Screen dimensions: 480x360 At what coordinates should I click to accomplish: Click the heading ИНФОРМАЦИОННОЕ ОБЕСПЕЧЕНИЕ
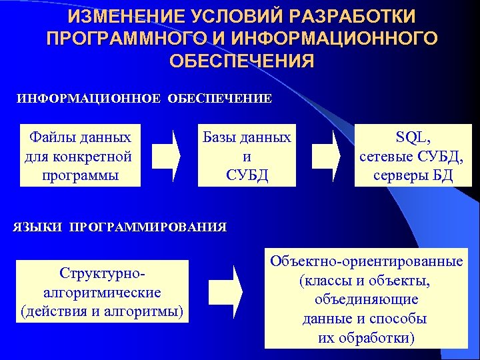point(144,99)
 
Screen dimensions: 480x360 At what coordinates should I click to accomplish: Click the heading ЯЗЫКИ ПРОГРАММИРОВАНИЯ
point(120,227)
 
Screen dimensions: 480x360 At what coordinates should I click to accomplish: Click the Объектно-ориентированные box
point(366,299)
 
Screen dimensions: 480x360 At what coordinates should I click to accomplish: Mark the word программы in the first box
point(79,175)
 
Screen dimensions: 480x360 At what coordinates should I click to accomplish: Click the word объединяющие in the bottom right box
point(366,299)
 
